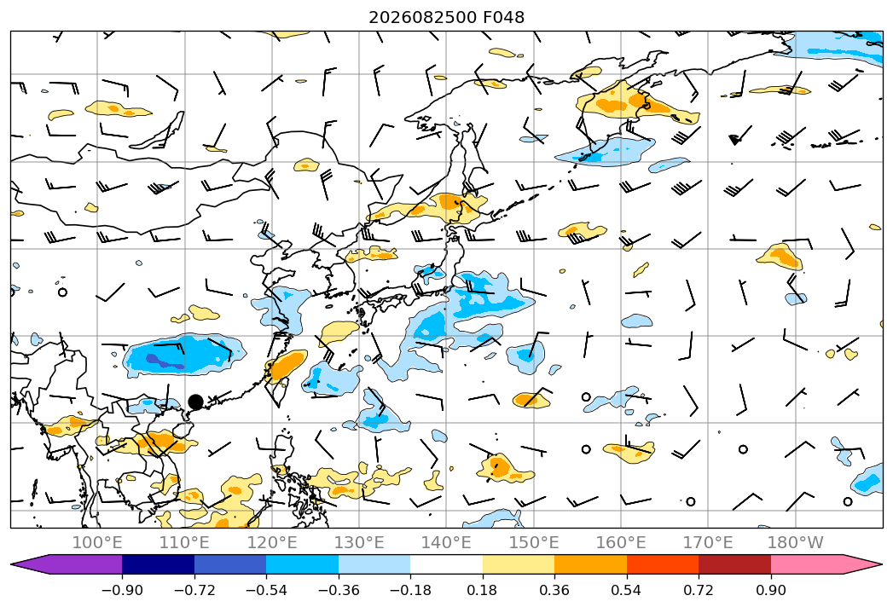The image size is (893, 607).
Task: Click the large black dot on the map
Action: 195,402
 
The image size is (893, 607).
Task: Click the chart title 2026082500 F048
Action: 447,18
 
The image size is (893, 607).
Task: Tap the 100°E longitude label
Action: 97,543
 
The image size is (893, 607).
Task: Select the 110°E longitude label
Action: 184,543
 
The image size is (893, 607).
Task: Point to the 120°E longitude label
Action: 272,543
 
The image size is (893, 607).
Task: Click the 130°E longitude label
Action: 359,543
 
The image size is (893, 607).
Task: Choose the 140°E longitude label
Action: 446,543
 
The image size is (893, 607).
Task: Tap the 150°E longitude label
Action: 534,543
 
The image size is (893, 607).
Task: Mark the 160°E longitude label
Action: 621,543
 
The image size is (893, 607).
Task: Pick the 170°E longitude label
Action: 708,543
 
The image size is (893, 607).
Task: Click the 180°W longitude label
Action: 796,543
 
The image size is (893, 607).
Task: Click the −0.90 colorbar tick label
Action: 122,591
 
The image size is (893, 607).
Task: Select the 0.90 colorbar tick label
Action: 770,591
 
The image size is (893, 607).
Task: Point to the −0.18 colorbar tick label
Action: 410,591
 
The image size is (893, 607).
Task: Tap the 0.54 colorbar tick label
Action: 627,591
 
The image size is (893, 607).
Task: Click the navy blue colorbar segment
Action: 158,564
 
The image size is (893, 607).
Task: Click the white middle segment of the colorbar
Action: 447,564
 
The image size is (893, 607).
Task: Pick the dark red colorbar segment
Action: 734,564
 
